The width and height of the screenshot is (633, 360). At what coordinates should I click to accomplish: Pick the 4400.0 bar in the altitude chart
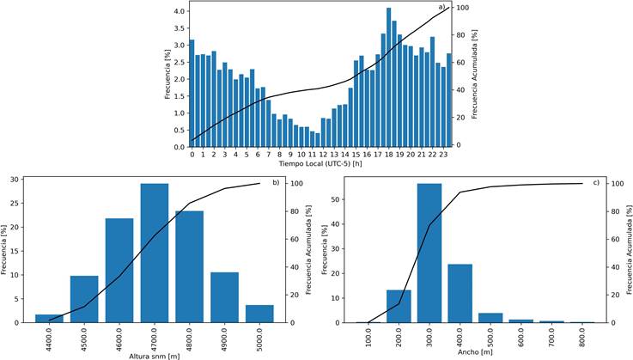click(x=49, y=319)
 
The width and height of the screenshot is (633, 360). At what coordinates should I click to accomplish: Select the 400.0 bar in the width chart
click(x=460, y=293)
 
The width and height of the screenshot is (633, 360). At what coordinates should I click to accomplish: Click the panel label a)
click(x=442, y=8)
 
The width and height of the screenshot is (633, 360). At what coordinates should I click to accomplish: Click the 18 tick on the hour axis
click(x=389, y=155)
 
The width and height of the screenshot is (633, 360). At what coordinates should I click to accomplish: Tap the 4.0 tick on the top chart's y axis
click(x=179, y=11)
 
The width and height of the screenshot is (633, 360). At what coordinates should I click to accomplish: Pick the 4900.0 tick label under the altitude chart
click(x=226, y=337)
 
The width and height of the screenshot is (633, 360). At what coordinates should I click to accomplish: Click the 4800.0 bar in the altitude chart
click(x=190, y=266)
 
